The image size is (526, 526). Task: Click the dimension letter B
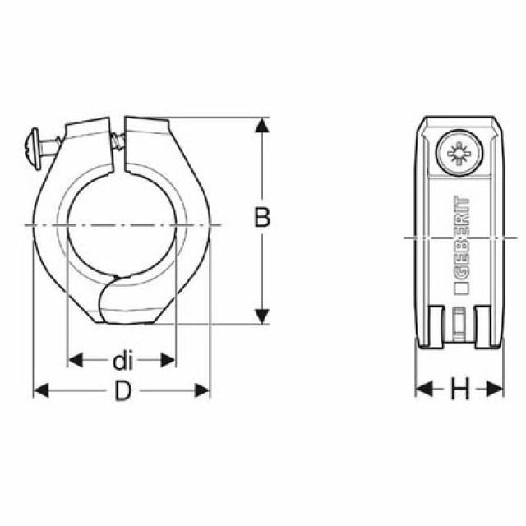(262, 217)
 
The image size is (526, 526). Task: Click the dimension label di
(122, 361)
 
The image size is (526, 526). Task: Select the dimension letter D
(122, 390)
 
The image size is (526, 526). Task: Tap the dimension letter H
(460, 389)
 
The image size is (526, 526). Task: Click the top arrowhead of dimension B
(261, 125)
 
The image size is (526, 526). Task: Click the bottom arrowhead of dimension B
(261, 316)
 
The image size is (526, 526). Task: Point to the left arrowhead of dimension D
(41, 390)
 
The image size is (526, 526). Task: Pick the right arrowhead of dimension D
(202, 390)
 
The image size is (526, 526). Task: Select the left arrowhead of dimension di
(75, 360)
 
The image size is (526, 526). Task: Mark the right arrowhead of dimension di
(168, 360)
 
